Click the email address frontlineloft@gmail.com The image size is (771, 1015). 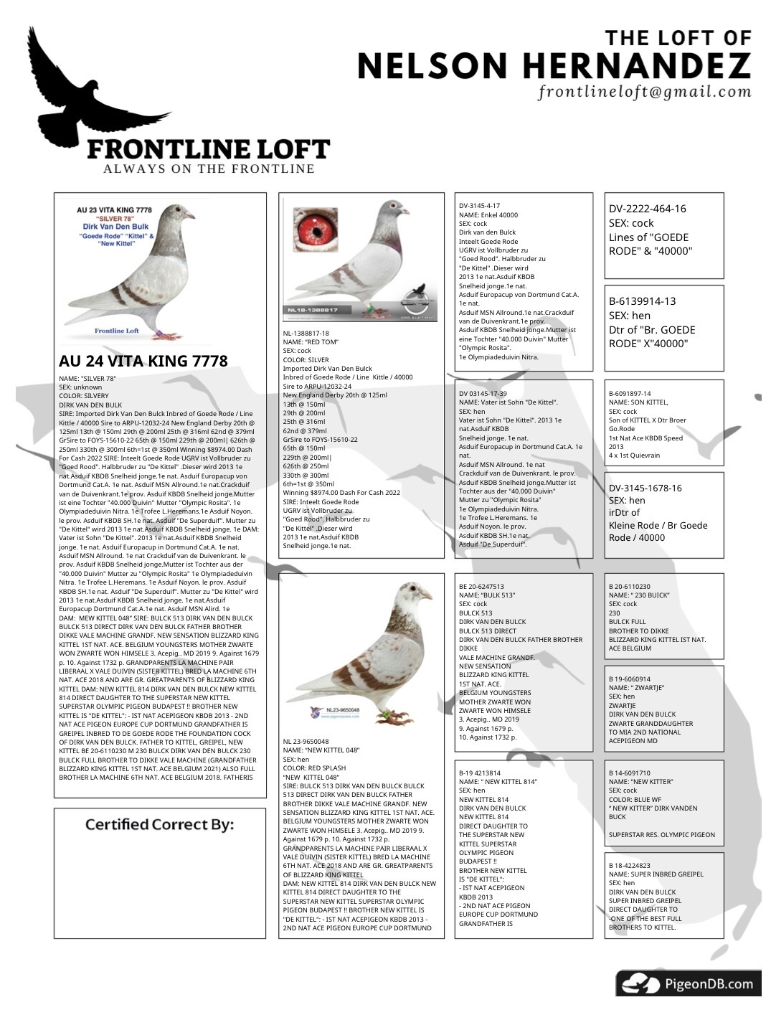644,92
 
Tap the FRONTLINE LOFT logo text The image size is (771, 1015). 208,149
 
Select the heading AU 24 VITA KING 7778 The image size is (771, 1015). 143,361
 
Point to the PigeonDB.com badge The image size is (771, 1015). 688,983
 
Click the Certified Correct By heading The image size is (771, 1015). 159,824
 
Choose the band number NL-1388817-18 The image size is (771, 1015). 306,334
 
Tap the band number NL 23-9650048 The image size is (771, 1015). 306,742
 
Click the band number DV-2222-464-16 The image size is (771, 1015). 647,209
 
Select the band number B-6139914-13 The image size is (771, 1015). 642,301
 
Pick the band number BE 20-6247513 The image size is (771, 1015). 481,587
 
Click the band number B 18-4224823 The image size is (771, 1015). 630,866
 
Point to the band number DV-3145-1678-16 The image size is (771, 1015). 645,488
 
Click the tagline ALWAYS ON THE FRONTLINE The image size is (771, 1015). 209,169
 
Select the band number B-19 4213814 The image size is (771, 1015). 480,773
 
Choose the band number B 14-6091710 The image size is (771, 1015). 630,773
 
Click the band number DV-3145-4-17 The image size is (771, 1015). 479,206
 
